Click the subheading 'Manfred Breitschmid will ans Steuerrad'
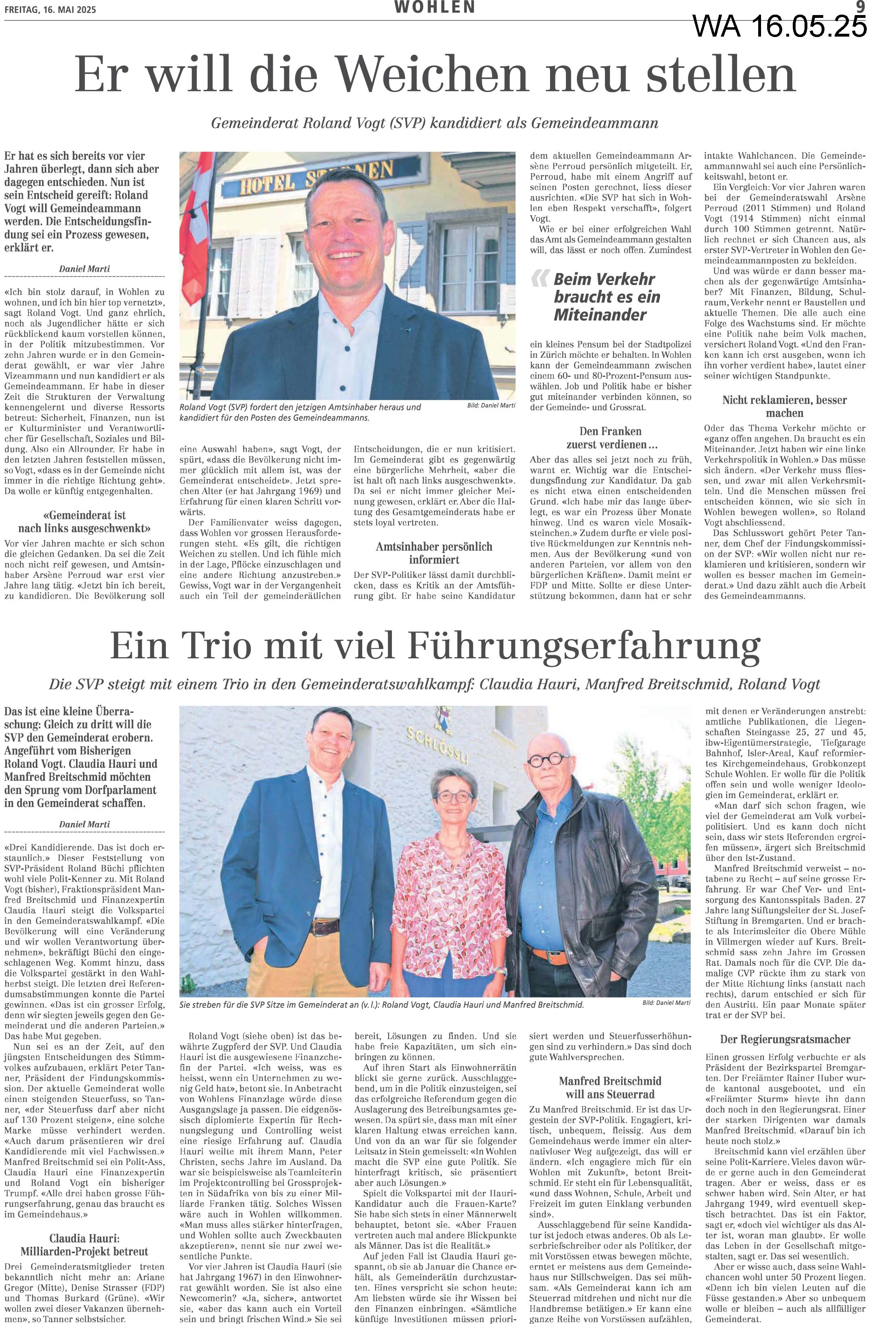click(610, 1071)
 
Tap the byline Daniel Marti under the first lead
click(85, 269)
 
